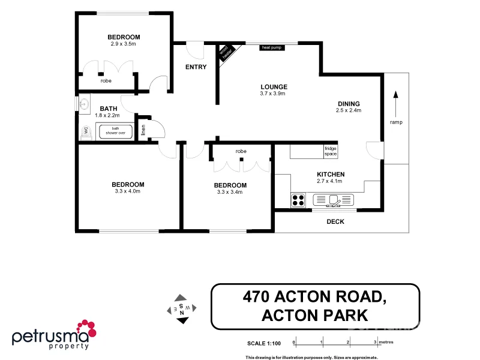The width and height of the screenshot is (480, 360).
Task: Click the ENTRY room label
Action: point(196,67)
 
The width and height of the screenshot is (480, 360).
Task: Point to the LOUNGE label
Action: point(273,86)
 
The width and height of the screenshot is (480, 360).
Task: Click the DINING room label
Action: point(349,103)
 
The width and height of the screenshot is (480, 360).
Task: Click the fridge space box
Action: point(331,151)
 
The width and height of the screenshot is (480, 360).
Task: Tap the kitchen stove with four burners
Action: point(298,200)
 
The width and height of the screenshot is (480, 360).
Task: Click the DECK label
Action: point(335,221)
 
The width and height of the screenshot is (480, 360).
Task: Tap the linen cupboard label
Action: point(143,129)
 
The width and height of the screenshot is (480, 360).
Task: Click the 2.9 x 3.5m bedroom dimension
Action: point(124,44)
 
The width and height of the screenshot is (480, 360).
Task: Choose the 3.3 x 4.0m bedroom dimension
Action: point(127,192)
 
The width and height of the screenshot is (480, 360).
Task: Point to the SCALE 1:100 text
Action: point(264,343)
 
